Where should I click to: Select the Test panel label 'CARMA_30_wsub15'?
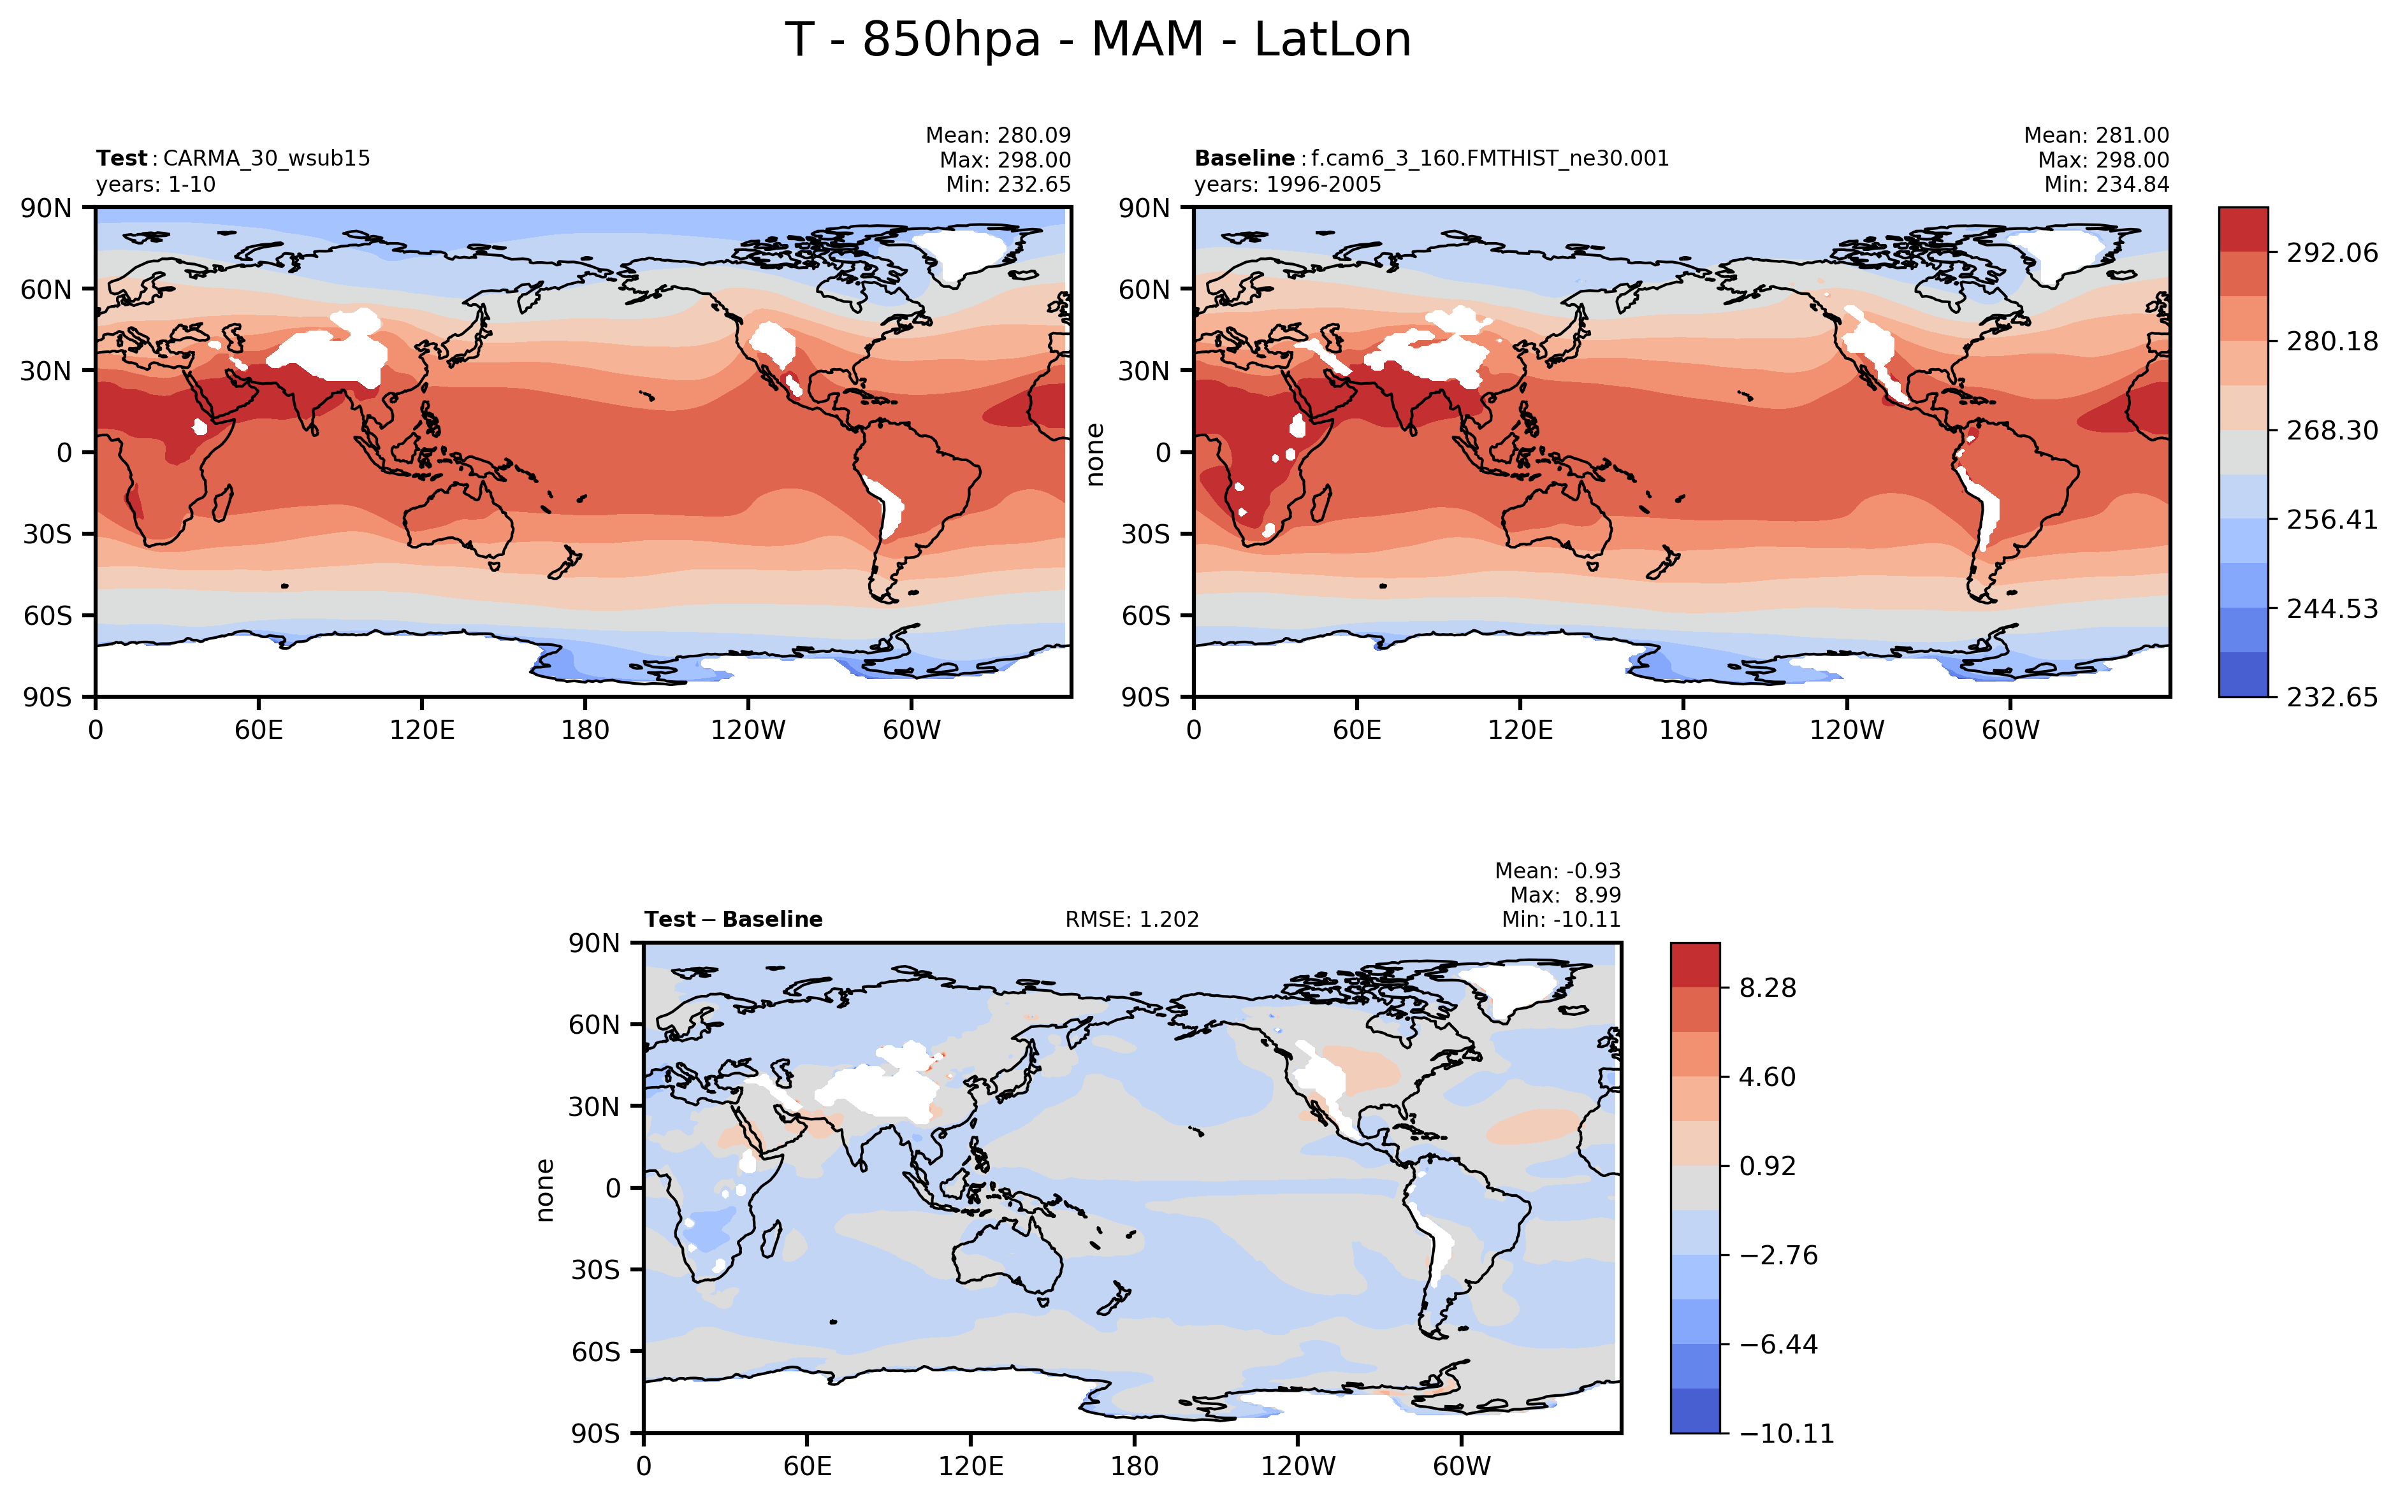[x=266, y=159]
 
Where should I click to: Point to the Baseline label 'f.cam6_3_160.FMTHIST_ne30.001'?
[x=1490, y=159]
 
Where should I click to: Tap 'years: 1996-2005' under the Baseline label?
[x=1288, y=185]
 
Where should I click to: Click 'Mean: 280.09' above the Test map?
[x=998, y=135]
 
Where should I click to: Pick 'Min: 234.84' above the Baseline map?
[x=2106, y=185]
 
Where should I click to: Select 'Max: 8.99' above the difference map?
[x=1566, y=895]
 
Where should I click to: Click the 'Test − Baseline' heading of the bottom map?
[x=734, y=920]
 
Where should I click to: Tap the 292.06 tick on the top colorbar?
[x=2332, y=253]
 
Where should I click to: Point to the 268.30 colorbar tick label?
[x=2332, y=431]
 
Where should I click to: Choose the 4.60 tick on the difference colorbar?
[x=1767, y=1077]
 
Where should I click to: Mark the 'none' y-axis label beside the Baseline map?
[x=1095, y=454]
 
